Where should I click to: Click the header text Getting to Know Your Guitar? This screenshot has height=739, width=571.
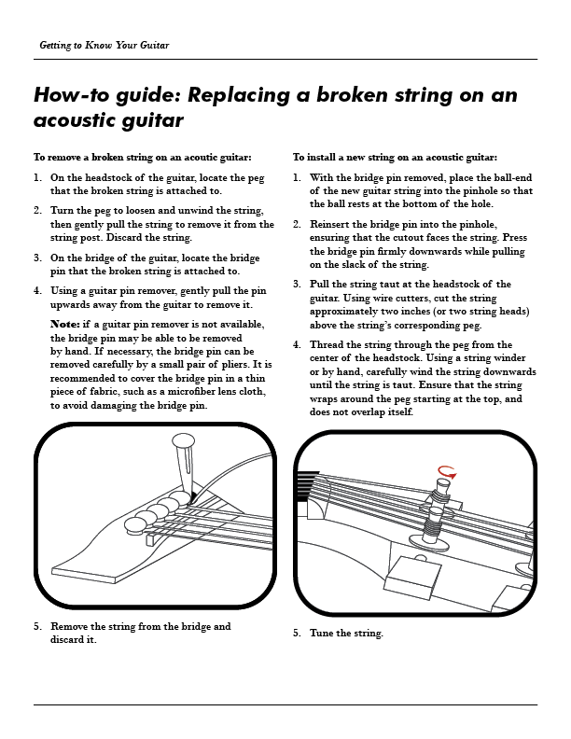tap(104, 46)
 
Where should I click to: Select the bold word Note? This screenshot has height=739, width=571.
tap(64, 324)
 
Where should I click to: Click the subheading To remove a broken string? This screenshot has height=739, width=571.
tap(142, 158)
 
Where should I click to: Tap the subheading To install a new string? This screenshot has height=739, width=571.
tap(395, 158)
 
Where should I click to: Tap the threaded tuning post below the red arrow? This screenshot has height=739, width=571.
tap(433, 522)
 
